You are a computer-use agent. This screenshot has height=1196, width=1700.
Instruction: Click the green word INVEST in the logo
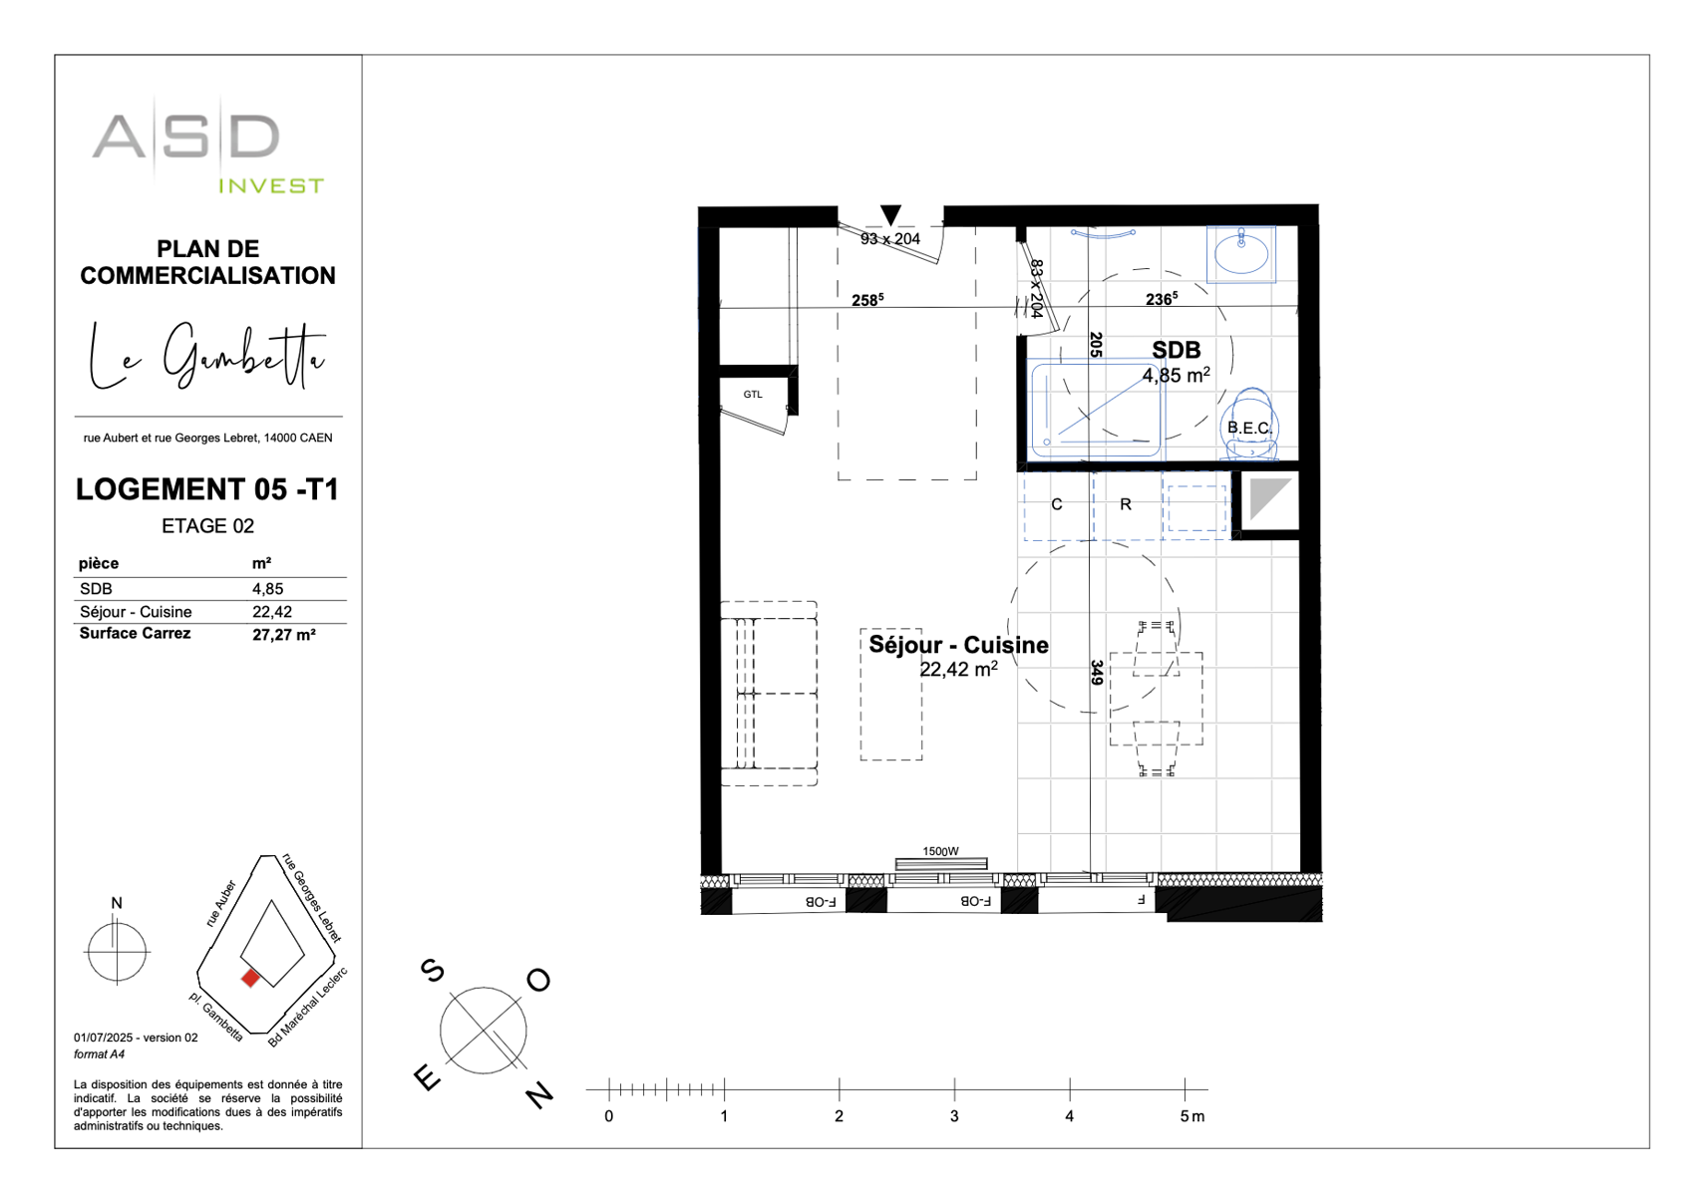[271, 186]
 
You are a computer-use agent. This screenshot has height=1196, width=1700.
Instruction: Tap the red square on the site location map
[250, 979]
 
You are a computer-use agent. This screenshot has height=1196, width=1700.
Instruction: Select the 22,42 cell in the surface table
[272, 612]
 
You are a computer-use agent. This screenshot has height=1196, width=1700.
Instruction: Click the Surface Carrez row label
[135, 634]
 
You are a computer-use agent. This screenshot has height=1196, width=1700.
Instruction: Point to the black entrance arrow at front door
[890, 214]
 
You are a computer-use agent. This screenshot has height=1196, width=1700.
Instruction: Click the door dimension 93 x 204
[890, 239]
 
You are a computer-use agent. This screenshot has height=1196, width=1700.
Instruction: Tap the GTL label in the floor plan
[753, 395]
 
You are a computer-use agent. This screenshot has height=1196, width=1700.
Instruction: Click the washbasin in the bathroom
[1241, 254]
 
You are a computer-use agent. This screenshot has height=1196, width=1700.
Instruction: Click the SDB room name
[1177, 350]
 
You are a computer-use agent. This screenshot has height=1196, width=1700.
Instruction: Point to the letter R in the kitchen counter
[1126, 504]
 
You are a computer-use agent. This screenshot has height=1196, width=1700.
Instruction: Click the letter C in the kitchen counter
[1057, 504]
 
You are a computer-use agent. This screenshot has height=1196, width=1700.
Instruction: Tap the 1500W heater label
[940, 851]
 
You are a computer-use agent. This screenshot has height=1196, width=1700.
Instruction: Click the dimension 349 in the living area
[1096, 673]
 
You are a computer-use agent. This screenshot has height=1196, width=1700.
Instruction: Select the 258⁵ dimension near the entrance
[866, 300]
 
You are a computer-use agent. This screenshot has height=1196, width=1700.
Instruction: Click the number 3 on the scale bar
[954, 1116]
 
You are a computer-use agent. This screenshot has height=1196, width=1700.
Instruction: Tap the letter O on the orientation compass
[538, 981]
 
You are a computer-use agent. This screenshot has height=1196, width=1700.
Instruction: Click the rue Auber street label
[221, 903]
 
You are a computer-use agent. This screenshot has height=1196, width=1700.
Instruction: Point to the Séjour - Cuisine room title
[958, 645]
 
